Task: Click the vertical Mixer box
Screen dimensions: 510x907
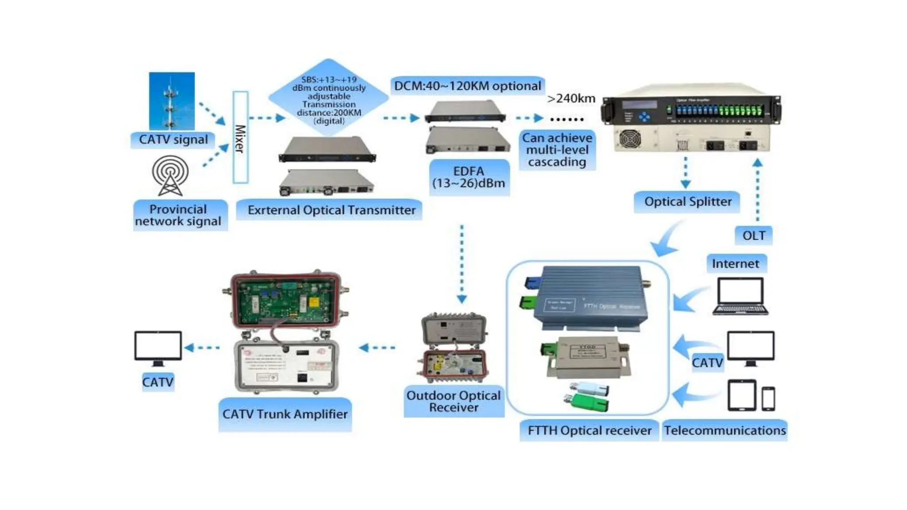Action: tap(240, 137)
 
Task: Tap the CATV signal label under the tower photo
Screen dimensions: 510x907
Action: tap(173, 140)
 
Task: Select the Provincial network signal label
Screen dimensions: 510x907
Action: tap(178, 215)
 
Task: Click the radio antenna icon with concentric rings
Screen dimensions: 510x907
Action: tap(170, 175)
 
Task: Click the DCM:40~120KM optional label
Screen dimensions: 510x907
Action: tap(467, 86)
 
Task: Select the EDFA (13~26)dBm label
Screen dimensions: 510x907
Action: tap(469, 178)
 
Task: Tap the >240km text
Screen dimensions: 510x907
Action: tap(571, 98)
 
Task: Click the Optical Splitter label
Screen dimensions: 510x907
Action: tap(687, 202)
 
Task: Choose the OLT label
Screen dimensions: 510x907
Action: tap(754, 236)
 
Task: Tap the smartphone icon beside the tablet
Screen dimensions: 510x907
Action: tap(768, 398)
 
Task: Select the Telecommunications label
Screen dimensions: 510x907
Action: tap(725, 430)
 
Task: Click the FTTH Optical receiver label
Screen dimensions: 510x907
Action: tap(589, 430)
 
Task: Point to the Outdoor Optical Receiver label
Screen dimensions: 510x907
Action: tap(453, 402)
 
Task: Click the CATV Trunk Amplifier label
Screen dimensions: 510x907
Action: tap(285, 414)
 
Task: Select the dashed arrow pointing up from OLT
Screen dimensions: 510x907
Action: tap(758, 190)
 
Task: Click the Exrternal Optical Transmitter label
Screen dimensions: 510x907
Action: tap(331, 210)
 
